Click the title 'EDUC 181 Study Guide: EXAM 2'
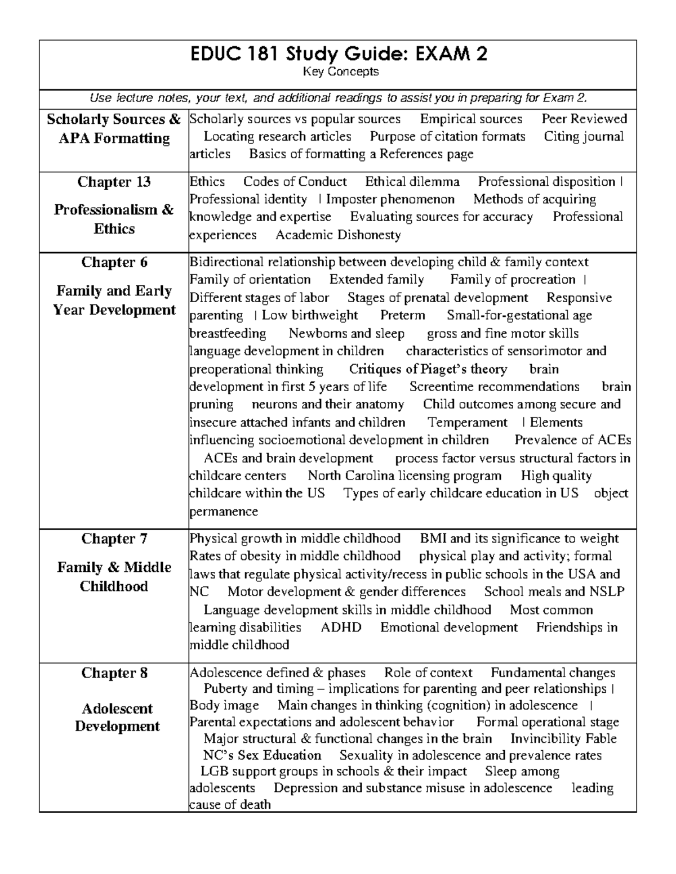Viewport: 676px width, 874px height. [337, 55]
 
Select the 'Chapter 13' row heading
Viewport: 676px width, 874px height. [114, 182]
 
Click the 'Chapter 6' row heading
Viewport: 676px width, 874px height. [114, 263]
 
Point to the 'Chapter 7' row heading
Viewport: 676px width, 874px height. [114, 539]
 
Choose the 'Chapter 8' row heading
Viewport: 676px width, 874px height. [114, 673]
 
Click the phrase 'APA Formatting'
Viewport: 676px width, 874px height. [114, 138]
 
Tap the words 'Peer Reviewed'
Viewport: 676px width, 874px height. [584, 119]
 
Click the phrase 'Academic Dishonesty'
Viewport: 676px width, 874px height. [338, 235]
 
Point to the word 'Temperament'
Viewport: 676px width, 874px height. [467, 423]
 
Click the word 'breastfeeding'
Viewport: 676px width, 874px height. [228, 334]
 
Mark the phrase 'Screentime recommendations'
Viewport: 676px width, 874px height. [494, 387]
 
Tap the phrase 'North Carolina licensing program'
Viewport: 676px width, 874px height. [404, 476]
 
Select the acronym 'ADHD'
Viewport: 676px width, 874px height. [340, 628]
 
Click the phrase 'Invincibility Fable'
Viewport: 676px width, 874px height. [563, 739]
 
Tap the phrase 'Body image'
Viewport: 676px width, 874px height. [224, 706]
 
